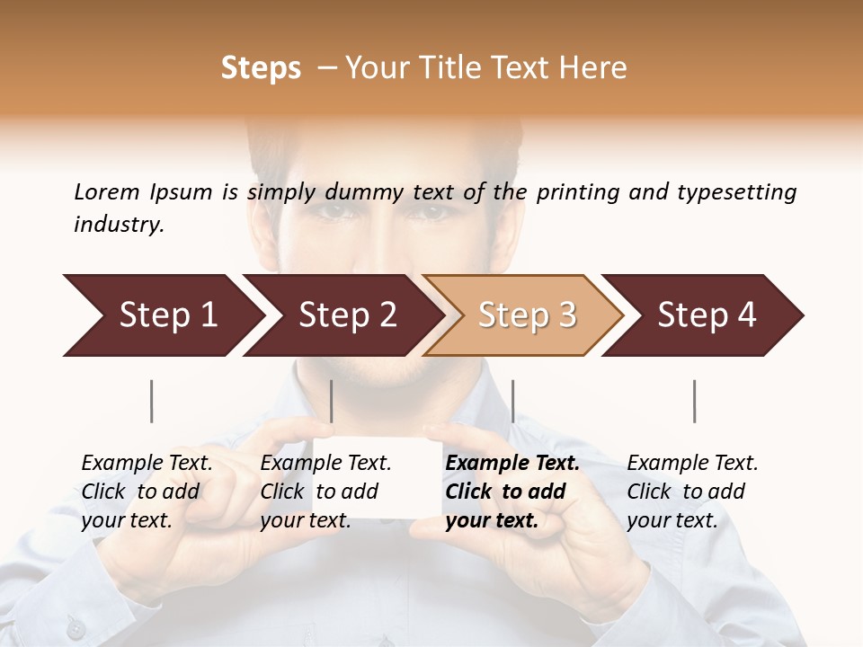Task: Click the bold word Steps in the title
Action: (261, 68)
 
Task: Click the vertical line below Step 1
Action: (152, 401)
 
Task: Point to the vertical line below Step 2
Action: (332, 401)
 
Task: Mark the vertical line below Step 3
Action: (512, 401)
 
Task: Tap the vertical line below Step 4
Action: (694, 401)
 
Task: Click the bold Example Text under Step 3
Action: (512, 464)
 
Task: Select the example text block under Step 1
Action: (147, 492)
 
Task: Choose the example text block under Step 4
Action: (692, 492)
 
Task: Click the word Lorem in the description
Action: (107, 191)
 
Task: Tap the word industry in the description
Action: (118, 225)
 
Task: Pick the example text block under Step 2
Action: (325, 492)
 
